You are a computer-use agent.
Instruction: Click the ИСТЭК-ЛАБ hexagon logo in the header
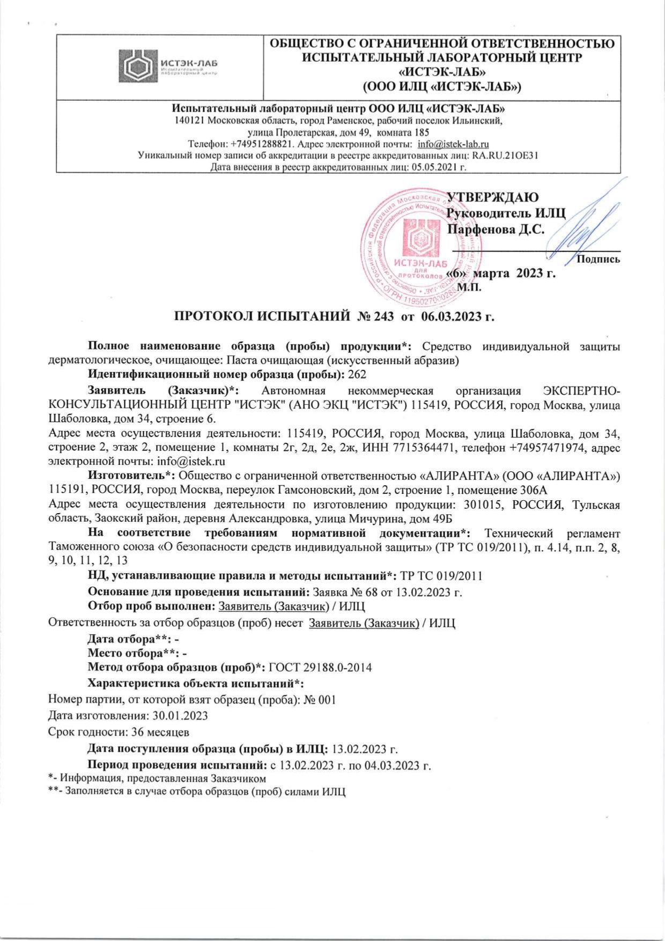137,67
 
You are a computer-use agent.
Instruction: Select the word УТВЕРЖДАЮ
493,197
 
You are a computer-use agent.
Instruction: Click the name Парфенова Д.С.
496,230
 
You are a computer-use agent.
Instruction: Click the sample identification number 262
357,374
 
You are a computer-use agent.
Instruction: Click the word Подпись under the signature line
598,260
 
